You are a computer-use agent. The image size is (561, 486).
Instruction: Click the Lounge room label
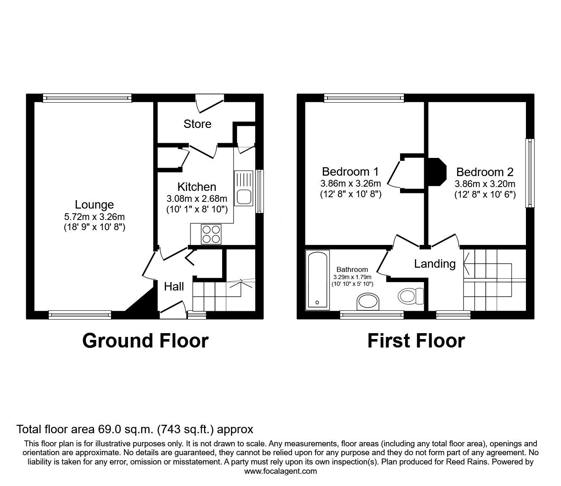94,205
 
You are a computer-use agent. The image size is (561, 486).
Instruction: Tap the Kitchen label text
197,187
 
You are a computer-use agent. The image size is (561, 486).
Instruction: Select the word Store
197,124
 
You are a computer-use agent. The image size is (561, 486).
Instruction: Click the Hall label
174,287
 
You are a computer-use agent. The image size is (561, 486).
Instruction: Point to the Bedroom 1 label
350,171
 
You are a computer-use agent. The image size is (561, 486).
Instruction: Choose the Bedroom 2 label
485,172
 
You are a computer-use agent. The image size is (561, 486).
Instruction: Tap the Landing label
435,264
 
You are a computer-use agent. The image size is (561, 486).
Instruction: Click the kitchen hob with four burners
211,234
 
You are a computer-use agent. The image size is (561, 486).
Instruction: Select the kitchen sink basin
244,197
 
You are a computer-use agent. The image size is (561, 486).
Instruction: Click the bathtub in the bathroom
317,280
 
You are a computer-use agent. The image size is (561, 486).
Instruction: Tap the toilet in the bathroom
411,296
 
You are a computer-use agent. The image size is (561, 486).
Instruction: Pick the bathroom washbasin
368,301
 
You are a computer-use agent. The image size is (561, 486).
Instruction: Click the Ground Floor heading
145,341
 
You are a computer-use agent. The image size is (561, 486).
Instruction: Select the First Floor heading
416,341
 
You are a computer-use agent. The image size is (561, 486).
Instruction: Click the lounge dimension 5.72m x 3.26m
94,217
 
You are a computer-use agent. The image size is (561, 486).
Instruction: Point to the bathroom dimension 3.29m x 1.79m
352,277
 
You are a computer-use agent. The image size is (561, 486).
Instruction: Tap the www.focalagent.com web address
280,471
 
